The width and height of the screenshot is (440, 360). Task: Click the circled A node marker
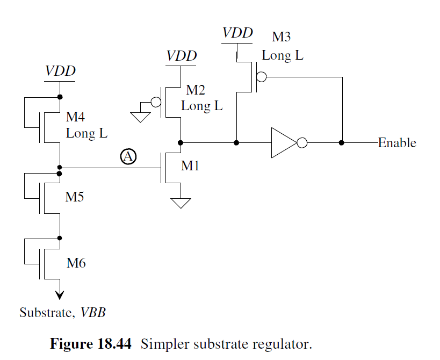(x=128, y=156)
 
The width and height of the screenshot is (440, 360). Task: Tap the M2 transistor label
(x=196, y=90)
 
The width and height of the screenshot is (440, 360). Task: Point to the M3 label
(x=282, y=38)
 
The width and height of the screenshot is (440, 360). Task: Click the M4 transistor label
(x=75, y=117)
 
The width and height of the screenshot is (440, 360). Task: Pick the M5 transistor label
(x=75, y=197)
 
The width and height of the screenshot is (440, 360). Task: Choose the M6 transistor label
(x=76, y=263)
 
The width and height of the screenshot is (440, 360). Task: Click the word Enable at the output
(x=397, y=143)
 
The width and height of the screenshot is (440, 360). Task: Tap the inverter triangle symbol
(x=283, y=143)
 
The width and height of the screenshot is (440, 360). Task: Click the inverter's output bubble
(x=302, y=143)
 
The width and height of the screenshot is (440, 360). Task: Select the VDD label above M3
(x=237, y=33)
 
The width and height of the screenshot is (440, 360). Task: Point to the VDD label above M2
(x=181, y=56)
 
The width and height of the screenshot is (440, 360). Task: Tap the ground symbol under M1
(x=181, y=203)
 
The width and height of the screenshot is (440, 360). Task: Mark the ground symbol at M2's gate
(x=141, y=117)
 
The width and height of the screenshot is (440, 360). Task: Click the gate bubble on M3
(x=261, y=77)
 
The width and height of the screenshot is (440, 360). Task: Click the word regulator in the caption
(x=283, y=344)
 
